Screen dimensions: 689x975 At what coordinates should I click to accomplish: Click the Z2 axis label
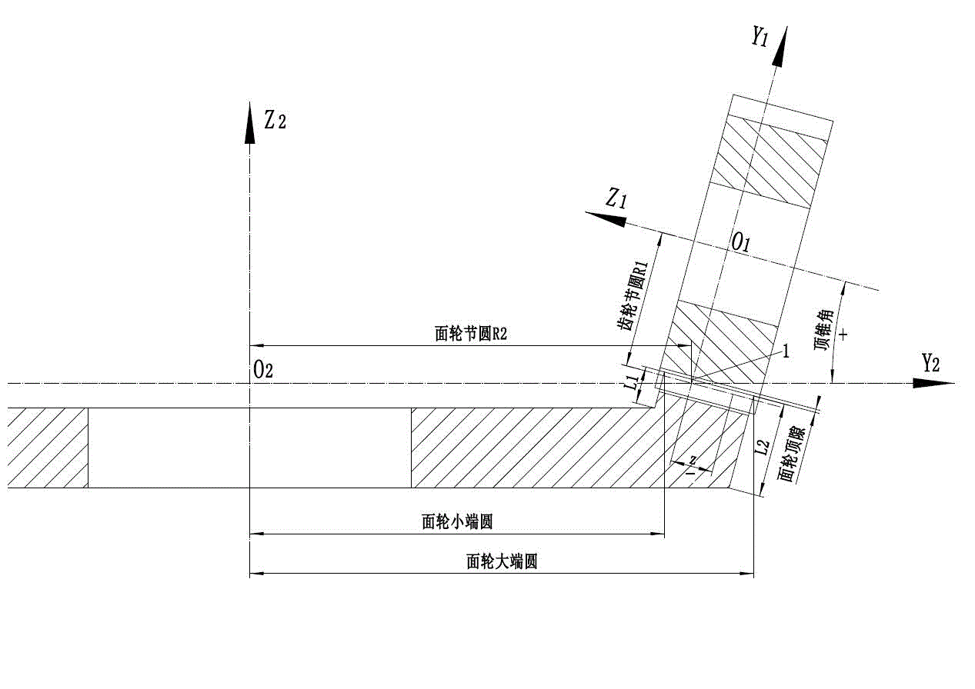[275, 121]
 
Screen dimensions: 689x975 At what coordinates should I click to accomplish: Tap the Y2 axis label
[931, 363]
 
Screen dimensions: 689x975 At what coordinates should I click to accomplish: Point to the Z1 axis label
[616, 200]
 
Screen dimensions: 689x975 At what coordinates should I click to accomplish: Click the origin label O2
[263, 370]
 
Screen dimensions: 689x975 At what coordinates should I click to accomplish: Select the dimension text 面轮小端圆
[457, 522]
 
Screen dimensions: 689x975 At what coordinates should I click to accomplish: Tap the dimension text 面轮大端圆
[502, 562]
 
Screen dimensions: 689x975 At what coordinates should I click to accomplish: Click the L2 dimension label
[763, 450]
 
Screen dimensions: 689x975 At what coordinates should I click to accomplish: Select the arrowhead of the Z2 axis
[249, 122]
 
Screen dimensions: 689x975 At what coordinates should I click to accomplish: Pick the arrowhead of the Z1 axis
[604, 219]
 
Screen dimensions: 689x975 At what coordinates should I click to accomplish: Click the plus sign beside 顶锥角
[845, 335]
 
